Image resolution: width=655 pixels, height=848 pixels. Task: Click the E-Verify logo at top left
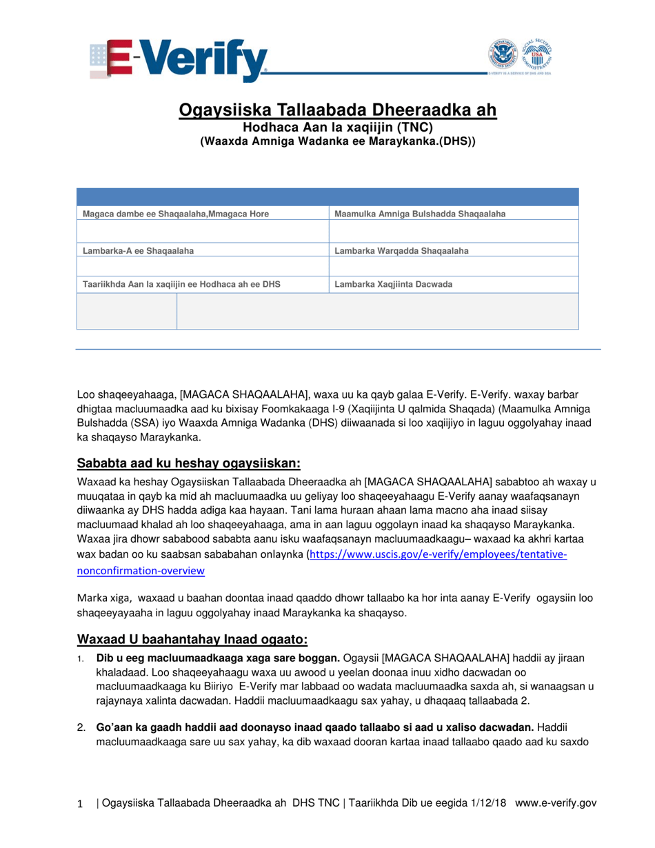[x=178, y=60]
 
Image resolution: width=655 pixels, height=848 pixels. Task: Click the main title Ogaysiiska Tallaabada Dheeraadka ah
[x=338, y=110]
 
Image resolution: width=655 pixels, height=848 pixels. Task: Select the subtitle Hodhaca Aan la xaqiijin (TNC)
[x=337, y=127]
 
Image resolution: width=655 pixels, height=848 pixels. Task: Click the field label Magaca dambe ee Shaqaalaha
[x=175, y=214]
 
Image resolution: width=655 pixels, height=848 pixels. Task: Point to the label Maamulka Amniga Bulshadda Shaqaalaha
[x=419, y=214]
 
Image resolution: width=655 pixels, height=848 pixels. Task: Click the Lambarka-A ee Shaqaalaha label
[x=138, y=250]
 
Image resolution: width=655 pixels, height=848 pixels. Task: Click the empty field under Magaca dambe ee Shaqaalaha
[x=203, y=231]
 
